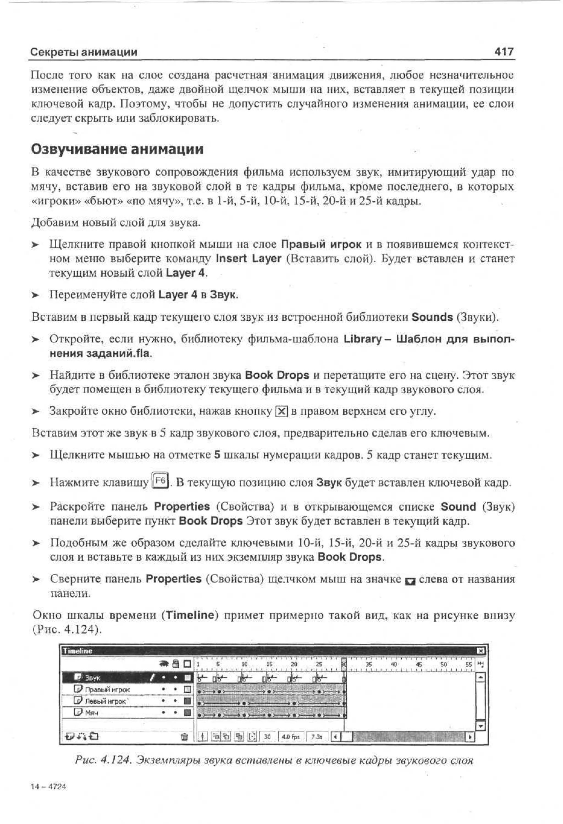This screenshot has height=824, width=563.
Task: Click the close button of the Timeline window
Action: [x=480, y=651]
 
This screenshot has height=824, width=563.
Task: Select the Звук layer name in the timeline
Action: [x=93, y=678]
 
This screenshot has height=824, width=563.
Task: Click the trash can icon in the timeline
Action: [x=184, y=737]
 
